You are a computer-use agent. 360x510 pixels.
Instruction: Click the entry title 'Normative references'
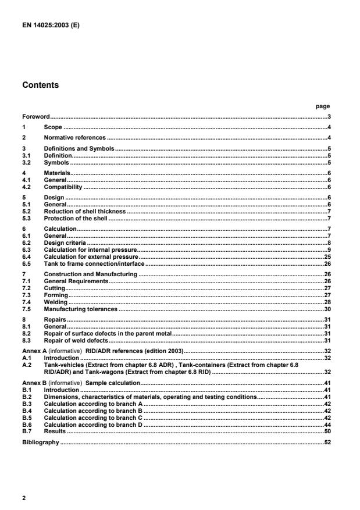click(x=75, y=137)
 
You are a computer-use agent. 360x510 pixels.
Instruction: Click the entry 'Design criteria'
click(x=65, y=242)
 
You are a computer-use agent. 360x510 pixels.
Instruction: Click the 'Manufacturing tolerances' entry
click(x=81, y=310)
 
